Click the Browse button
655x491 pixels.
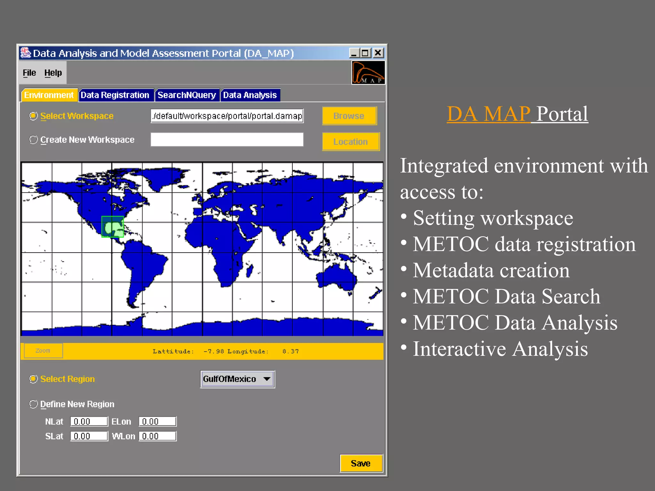point(349,116)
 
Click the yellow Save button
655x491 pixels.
point(361,463)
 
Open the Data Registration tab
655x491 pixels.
point(115,95)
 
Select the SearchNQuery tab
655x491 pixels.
point(187,95)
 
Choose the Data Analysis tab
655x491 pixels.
point(250,95)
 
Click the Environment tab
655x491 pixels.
point(49,95)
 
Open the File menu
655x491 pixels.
point(29,73)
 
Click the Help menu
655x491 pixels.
point(53,73)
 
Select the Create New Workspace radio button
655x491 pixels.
point(34,140)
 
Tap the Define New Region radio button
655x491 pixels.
point(34,404)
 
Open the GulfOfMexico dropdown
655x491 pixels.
point(237,379)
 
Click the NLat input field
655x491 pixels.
point(89,422)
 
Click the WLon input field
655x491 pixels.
point(157,436)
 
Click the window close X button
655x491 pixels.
point(378,53)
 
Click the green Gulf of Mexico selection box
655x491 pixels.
point(113,227)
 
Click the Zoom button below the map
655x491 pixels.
point(43,351)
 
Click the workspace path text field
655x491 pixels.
point(227,116)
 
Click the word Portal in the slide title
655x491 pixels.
point(562,114)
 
